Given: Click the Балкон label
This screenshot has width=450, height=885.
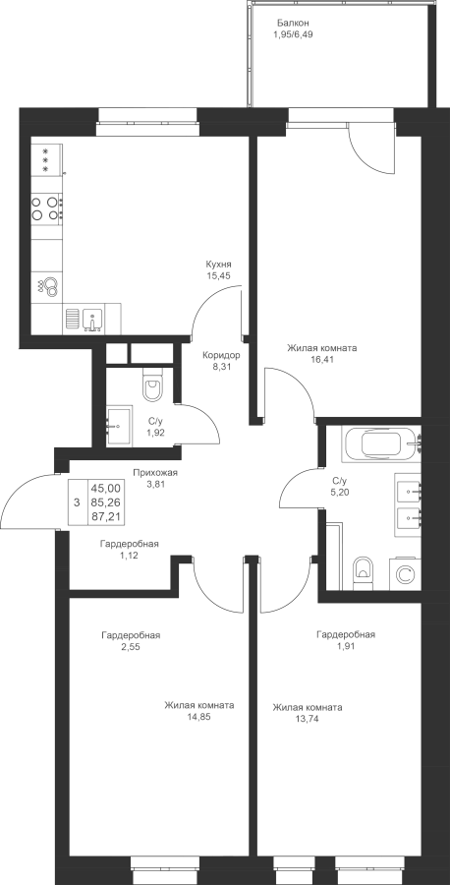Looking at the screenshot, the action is pyautogui.click(x=293, y=24).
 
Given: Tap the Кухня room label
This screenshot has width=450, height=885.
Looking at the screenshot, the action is pyautogui.click(x=219, y=265).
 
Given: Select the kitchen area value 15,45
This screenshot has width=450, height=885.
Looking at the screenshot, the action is pyautogui.click(x=219, y=275).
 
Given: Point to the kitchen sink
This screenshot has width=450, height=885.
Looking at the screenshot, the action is pyautogui.click(x=92, y=319).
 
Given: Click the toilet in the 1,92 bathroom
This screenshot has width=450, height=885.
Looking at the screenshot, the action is pyautogui.click(x=151, y=383).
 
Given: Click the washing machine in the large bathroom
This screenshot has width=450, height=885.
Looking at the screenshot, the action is pyautogui.click(x=404, y=574).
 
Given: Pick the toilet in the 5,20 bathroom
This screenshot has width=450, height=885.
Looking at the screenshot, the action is pyautogui.click(x=363, y=573).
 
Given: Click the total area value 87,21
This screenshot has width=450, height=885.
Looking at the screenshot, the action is pyautogui.click(x=109, y=514).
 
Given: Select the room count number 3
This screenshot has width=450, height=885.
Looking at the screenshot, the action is pyautogui.click(x=77, y=501).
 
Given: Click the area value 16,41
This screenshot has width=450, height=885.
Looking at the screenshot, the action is pyautogui.click(x=322, y=359).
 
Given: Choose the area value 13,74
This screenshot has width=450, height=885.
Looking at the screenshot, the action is pyautogui.click(x=308, y=719).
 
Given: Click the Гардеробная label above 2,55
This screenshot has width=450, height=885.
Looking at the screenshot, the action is pyautogui.click(x=131, y=635).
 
